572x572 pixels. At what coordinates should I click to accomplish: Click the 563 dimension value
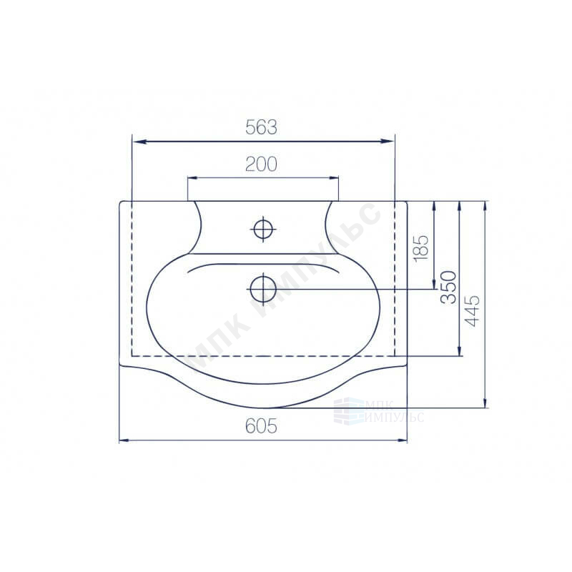pos(261,127)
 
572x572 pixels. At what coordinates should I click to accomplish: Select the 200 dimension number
pos(261,164)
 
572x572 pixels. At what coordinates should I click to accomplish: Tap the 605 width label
pos(261,425)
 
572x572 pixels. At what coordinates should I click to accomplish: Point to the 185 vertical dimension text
pos(421,247)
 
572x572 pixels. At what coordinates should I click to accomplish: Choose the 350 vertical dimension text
pos(448,287)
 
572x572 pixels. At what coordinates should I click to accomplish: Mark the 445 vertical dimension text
pos(473,311)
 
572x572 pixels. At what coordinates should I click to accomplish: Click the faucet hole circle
pos(263,230)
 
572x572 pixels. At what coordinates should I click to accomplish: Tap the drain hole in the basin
pos(263,289)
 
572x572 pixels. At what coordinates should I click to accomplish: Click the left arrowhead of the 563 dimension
pos(139,142)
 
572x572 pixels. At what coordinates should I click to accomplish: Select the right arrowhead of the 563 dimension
pos(387,142)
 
